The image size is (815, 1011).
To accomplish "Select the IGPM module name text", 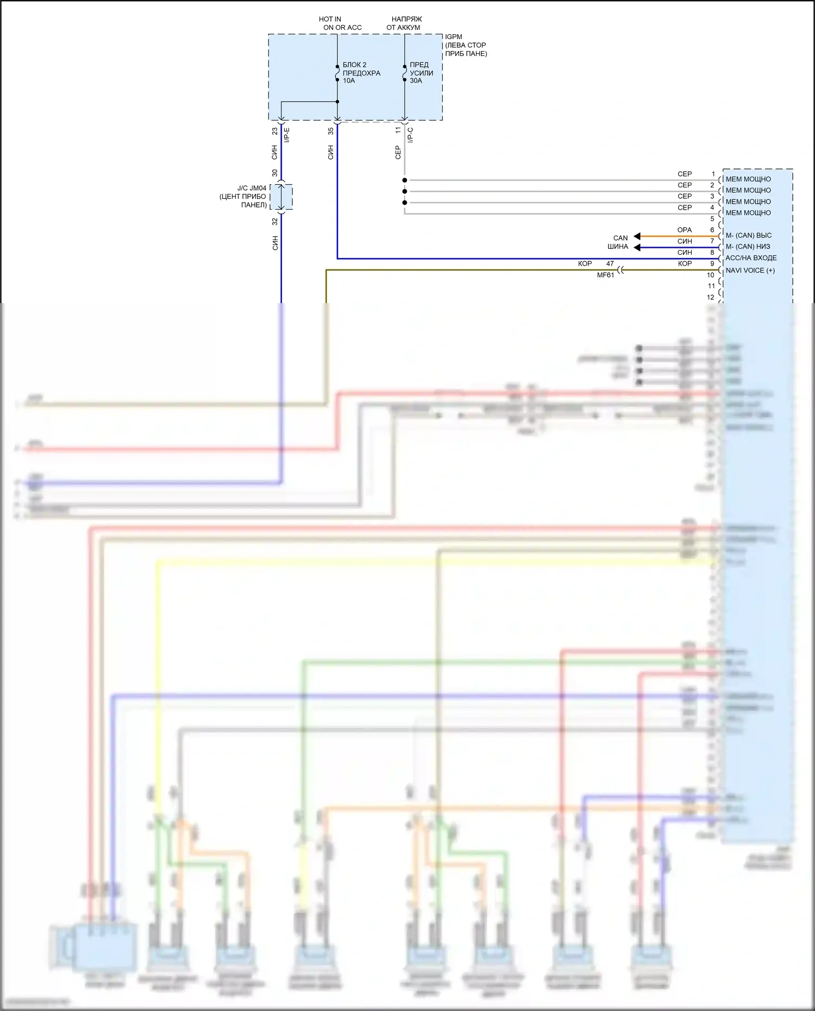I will pos(454,37).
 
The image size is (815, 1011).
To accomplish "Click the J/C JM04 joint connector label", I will pos(252,189).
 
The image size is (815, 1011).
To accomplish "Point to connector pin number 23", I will pos(275,131).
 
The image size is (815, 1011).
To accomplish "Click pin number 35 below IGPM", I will pos(331,131).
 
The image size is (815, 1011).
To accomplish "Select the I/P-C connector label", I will pos(411,135).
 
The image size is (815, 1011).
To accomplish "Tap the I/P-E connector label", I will pos(287,135).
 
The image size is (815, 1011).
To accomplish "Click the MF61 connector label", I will pos(605,275).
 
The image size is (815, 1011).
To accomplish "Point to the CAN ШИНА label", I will pos(618,242).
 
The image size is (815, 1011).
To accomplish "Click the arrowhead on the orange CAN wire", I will pos(637,236).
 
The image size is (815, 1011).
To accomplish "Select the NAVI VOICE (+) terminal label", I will pos(750,271).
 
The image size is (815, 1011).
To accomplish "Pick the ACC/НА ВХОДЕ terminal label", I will pos(751,258).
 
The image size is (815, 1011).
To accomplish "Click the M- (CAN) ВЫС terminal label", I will pos(749,236).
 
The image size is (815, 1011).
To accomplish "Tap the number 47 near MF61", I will pos(610,264).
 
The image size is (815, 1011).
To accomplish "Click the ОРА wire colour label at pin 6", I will pos(685,230).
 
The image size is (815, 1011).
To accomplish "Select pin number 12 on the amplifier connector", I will pos(711,298).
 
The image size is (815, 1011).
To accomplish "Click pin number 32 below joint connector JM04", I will pos(275,222).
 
